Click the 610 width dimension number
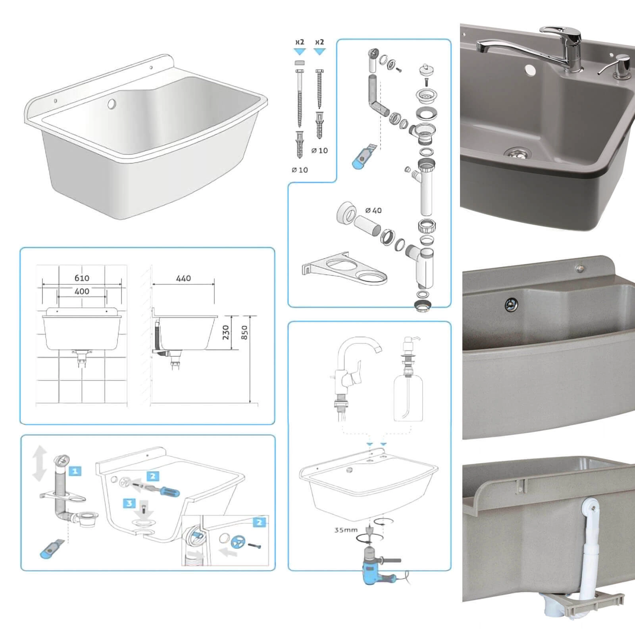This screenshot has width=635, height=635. point(82,278)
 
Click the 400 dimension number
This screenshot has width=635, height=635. point(82,291)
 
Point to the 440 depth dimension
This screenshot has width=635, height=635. point(183,278)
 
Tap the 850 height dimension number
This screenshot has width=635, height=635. point(244,333)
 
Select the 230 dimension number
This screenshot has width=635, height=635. point(226,333)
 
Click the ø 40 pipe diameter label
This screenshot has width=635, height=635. point(373,210)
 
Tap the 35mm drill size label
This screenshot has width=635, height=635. point(346,530)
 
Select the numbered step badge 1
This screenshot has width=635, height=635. point(75,471)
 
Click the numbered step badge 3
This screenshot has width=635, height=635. point(129,503)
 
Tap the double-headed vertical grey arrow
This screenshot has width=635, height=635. point(39,464)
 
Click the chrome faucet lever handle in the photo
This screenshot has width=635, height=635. point(562,31)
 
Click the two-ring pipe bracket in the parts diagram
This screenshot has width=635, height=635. point(344,268)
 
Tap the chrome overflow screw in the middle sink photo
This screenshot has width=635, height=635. point(511,304)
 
